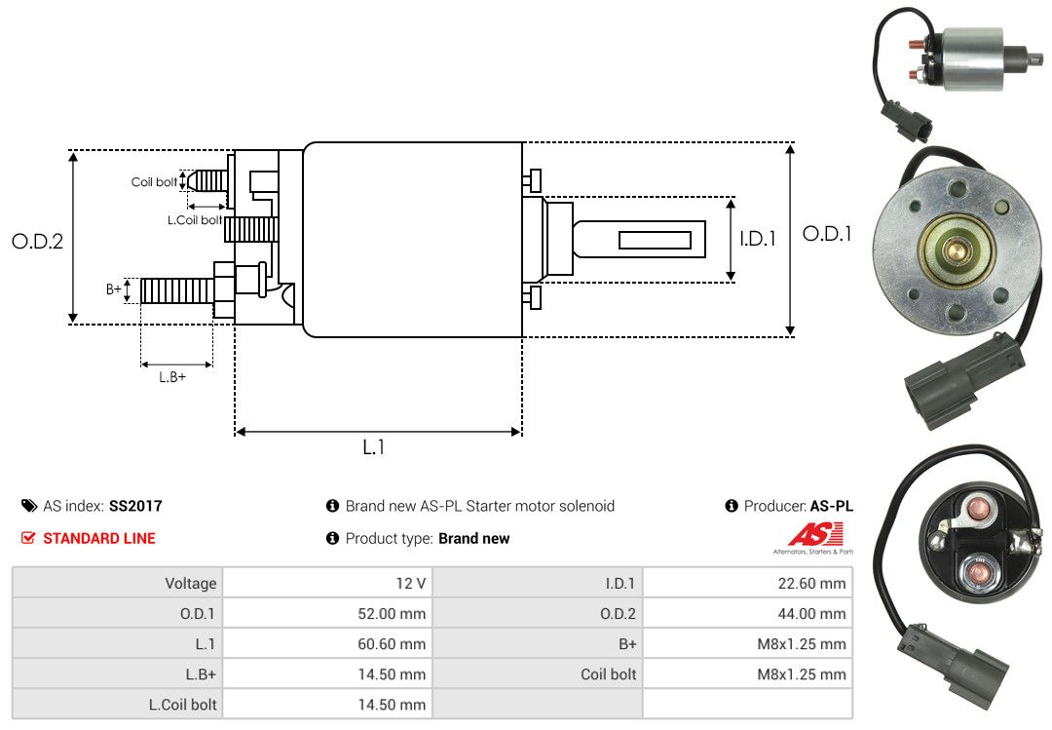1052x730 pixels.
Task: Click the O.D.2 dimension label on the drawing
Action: (x=38, y=241)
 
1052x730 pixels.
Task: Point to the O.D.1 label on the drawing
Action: (x=827, y=234)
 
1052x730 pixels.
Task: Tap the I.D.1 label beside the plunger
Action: (x=758, y=239)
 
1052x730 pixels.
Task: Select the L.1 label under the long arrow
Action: (x=374, y=447)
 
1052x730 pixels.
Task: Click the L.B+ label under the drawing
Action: (x=172, y=377)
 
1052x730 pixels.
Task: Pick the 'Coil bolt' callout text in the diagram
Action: (x=154, y=182)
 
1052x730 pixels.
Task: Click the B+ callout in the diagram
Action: (x=114, y=288)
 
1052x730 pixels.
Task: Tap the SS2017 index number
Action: (x=135, y=506)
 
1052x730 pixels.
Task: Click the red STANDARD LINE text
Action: (x=99, y=538)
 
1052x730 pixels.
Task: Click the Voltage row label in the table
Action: (x=191, y=583)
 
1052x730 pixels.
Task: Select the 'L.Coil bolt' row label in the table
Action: (x=183, y=705)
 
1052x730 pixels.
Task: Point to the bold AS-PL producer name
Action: (x=832, y=506)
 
